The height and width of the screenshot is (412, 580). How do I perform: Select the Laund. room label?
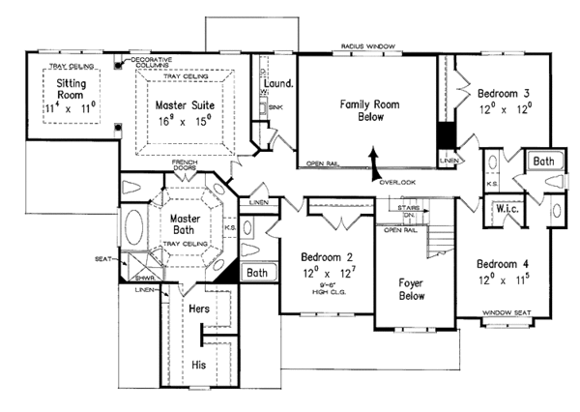coord(277,83)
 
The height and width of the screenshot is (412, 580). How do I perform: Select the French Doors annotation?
coord(186,165)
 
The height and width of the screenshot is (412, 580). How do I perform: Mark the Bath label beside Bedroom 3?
coord(543,161)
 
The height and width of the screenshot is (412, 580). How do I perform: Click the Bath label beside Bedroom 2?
coord(256,274)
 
